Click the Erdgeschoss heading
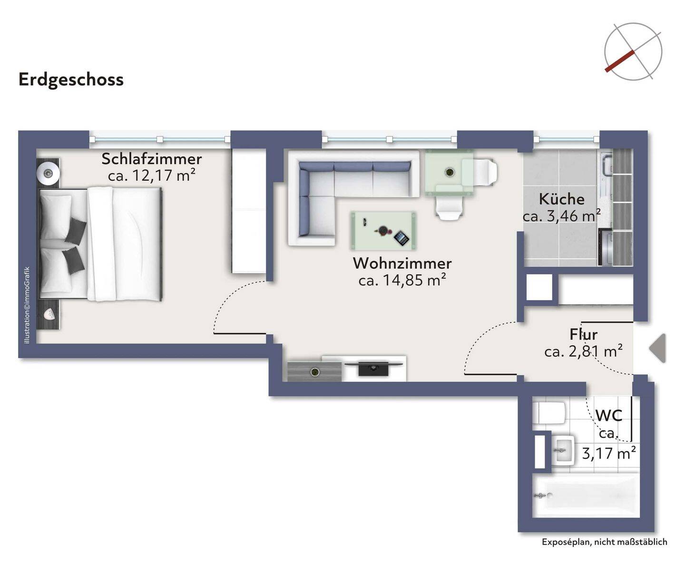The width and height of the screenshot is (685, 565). [x=71, y=80]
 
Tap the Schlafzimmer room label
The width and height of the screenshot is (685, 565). [x=152, y=159]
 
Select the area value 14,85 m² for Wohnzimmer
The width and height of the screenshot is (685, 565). [x=402, y=280]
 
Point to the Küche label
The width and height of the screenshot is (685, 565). [x=562, y=199]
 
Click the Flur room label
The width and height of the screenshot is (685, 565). [x=584, y=334]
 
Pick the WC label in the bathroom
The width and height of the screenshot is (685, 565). [x=609, y=416]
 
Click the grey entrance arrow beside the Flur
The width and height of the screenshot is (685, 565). [x=658, y=348]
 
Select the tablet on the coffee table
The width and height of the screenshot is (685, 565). [x=401, y=238]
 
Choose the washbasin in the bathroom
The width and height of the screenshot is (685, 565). [x=562, y=450]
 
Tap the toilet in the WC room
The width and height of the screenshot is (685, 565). [x=549, y=413]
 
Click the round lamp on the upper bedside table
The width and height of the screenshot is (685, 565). [x=48, y=173]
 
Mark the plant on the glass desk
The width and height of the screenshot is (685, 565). [x=450, y=172]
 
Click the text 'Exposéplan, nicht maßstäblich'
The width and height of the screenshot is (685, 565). [x=604, y=542]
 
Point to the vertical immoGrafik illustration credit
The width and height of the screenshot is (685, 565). [x=27, y=305]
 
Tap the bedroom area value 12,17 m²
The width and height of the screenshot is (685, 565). [x=152, y=175]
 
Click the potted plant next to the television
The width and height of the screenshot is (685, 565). [x=315, y=372]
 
